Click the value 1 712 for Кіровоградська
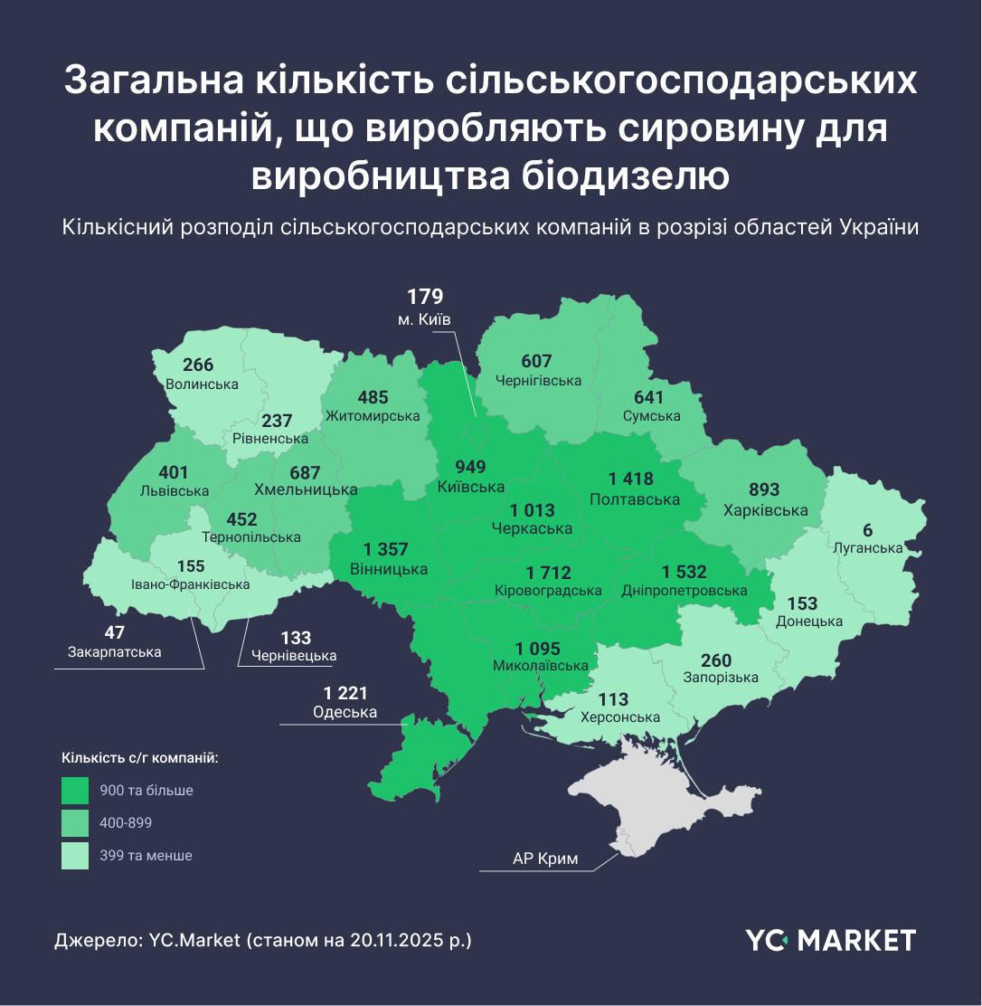[548, 573]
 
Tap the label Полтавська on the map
[634, 499]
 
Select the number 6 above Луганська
[868, 530]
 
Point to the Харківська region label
[765, 510]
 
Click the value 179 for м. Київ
[424, 297]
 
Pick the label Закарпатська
[114, 652]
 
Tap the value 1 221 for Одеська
[345, 693]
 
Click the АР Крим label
[545, 859]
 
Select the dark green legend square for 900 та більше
[75, 791]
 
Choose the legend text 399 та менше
[146, 855]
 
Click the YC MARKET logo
[830, 940]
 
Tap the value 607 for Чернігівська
[536, 362]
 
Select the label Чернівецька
[294, 656]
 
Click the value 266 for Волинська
[198, 365]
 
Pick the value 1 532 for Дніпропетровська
[684, 573]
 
